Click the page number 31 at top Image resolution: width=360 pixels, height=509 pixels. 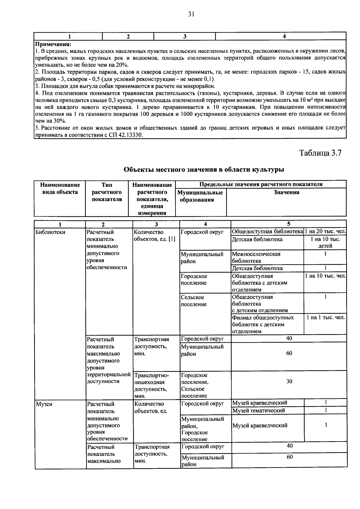point(191,14)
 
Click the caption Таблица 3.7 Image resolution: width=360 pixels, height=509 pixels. point(320,153)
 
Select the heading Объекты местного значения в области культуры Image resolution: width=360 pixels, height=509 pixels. point(204,170)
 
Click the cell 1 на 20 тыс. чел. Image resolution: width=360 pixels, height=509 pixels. point(325,232)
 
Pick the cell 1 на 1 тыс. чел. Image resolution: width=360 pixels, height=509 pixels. point(325,317)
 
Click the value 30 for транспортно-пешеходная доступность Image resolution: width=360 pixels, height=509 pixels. point(289,382)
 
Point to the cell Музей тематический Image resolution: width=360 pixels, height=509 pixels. point(259,411)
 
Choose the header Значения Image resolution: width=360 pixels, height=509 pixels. point(286,193)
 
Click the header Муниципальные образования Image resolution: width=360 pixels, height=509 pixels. point(200,196)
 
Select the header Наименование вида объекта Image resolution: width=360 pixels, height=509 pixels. point(60,189)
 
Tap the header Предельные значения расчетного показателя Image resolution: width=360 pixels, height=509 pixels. point(261,184)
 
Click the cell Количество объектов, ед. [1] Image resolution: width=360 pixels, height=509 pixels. point(154,236)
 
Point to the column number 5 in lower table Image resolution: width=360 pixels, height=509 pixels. point(289,224)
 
